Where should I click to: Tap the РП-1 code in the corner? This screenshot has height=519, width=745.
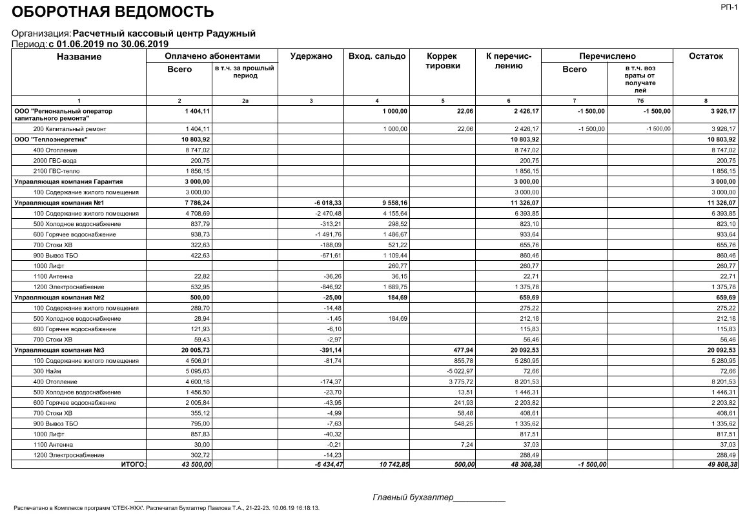pos(728,6)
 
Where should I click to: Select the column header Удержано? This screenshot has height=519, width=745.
pos(311,57)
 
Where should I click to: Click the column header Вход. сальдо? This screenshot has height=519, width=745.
pos(377,57)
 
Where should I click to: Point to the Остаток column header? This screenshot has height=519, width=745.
pos(706,57)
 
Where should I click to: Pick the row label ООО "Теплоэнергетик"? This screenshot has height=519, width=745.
pos(51,139)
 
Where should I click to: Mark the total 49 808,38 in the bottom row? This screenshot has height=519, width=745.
pos(719,465)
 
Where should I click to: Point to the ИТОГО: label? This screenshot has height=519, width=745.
pos(134,464)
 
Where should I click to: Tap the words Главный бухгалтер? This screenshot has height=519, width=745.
pos(413,497)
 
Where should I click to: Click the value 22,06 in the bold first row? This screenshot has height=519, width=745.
pos(465,111)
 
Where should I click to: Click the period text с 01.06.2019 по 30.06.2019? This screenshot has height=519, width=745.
pos(108,44)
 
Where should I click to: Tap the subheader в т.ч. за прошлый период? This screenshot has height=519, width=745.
pos(245,72)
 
